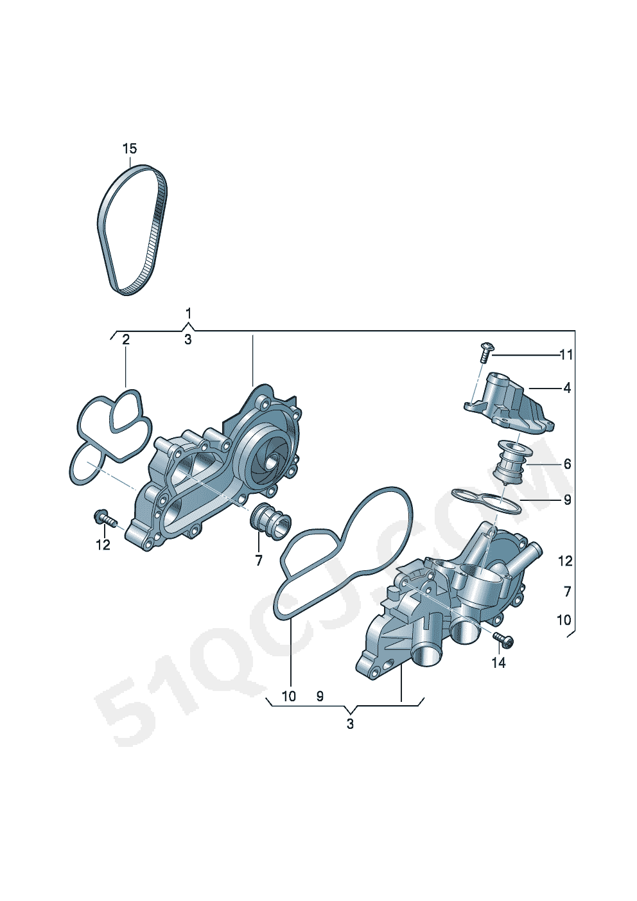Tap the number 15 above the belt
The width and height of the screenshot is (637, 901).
(x=130, y=149)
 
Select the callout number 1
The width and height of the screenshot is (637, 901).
(x=188, y=313)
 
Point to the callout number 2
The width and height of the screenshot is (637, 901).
(x=125, y=340)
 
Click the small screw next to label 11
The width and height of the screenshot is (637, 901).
(x=487, y=353)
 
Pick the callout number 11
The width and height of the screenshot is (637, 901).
(x=566, y=355)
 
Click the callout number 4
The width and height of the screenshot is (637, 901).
(x=567, y=388)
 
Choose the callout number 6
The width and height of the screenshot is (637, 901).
(x=567, y=464)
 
